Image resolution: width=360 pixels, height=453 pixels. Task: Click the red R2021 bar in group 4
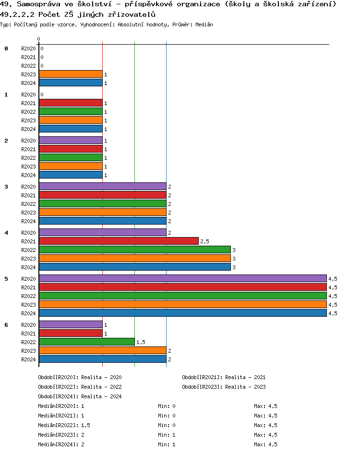(119, 241)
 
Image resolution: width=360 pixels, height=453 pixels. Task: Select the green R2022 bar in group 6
(86, 342)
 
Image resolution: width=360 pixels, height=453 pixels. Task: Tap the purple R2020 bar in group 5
(182, 278)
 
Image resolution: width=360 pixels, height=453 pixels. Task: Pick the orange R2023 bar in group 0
(71, 74)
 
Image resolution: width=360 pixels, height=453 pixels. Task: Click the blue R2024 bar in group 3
(102, 221)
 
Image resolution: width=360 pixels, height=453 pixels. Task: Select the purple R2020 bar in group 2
(71, 140)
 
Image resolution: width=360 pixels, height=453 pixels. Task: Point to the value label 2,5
(204, 241)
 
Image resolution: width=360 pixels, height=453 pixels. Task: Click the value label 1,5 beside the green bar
(141, 342)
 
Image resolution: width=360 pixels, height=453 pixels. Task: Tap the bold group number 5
(6, 279)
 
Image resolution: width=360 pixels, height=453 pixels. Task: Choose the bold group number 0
(6, 48)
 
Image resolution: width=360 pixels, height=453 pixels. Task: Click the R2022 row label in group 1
(28, 112)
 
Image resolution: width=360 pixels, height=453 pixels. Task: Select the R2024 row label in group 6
(28, 359)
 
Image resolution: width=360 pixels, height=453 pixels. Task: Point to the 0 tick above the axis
(39, 39)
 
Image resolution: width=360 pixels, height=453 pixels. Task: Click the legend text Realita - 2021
(245, 377)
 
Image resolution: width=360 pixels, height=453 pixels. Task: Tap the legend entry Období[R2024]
(59, 396)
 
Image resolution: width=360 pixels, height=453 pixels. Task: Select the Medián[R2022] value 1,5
(86, 425)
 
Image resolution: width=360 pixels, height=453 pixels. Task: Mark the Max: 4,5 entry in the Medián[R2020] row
(265, 406)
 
